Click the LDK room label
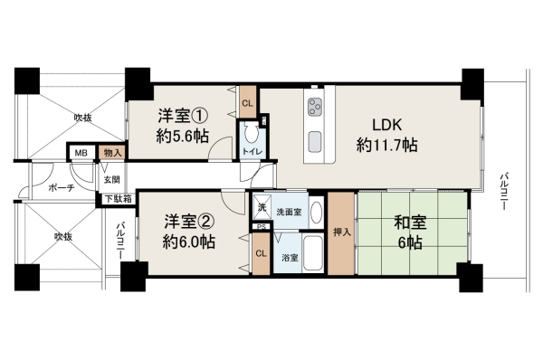point(386,125)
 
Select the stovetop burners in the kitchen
point(315,106)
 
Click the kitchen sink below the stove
point(315,142)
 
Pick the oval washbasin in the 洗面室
point(316,213)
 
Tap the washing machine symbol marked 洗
point(262,208)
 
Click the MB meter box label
point(81,153)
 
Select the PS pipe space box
point(262,227)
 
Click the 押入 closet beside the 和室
point(341,233)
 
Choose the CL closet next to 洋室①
point(248,102)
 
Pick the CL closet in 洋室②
point(262,254)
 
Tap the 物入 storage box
point(112,153)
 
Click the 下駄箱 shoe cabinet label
point(119,199)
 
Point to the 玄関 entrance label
point(112,180)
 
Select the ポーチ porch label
point(62,188)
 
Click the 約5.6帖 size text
point(182,137)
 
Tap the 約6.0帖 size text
point(189,242)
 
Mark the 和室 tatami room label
point(410,223)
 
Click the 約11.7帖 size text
point(386,145)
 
